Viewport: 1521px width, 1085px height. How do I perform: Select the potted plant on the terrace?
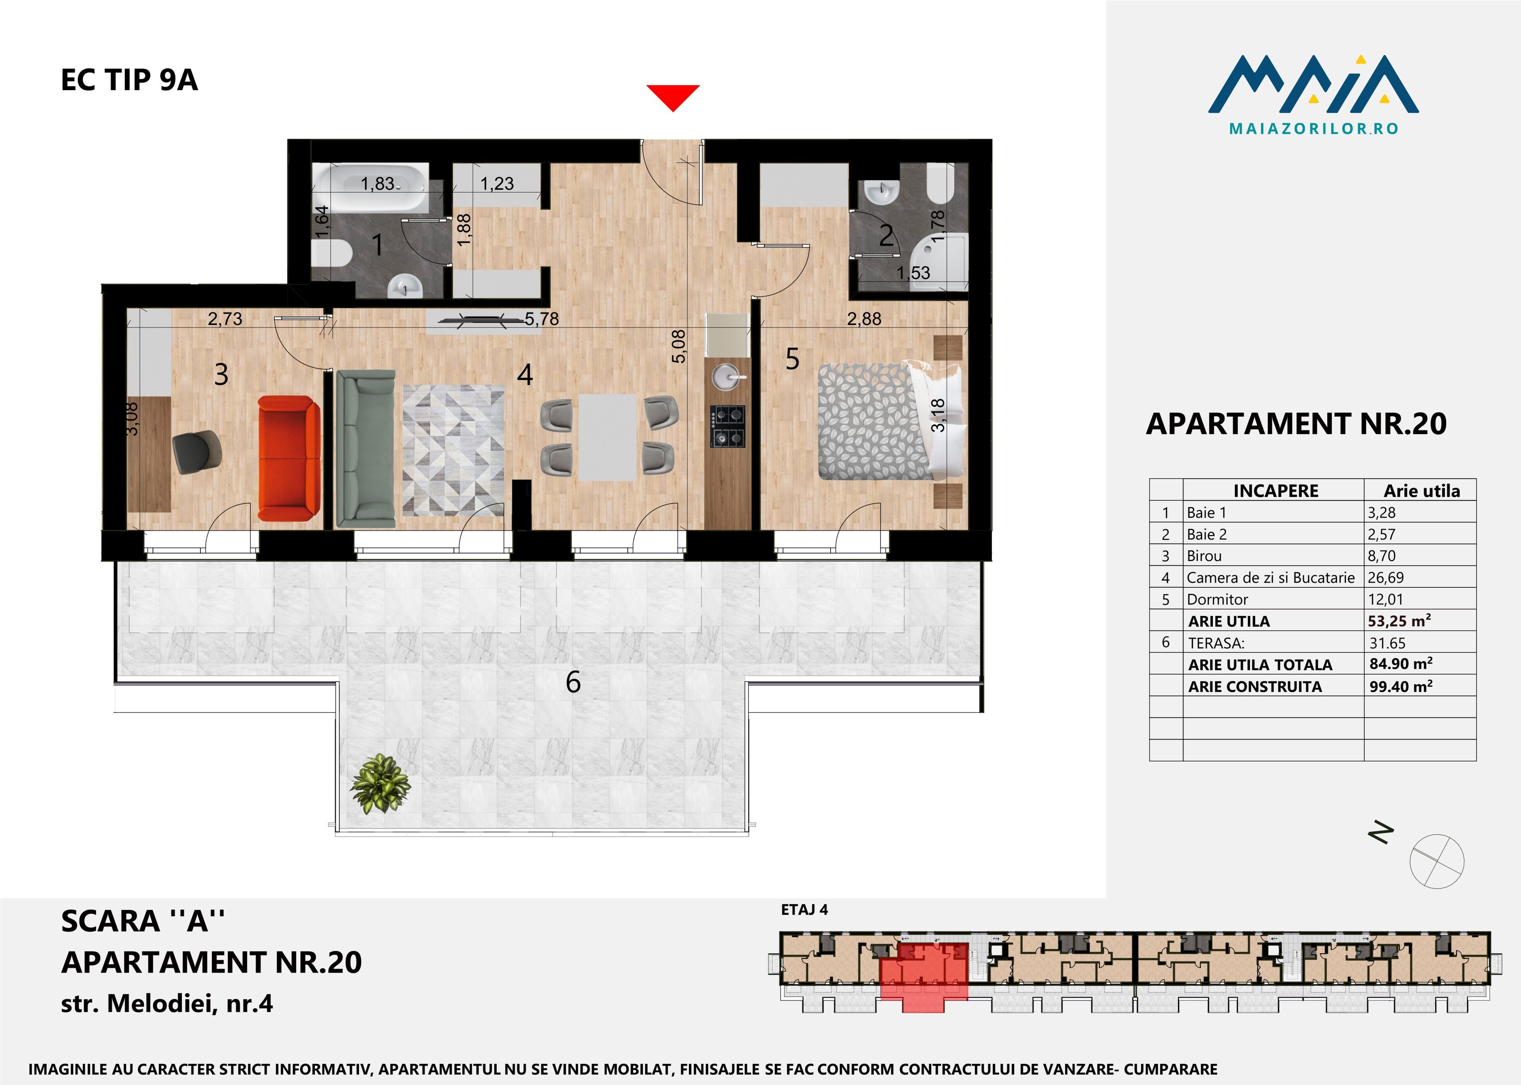(380, 783)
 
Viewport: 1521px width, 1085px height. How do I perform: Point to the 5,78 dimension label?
(542, 319)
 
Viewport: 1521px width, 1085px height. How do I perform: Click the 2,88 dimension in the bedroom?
(864, 319)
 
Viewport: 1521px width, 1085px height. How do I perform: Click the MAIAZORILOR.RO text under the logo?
(1314, 128)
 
